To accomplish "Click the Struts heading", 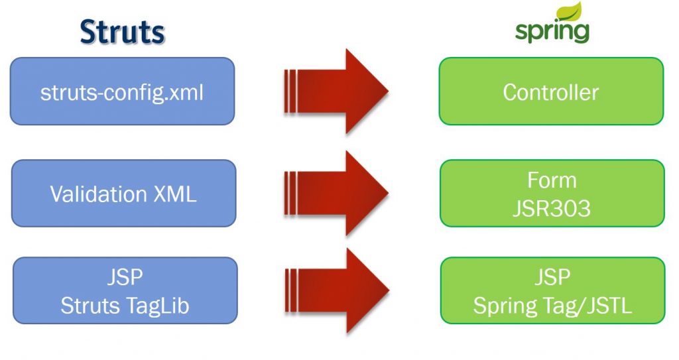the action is [122, 32].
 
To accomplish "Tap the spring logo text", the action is [552, 31].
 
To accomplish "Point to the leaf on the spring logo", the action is [570, 11].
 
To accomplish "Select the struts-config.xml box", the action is [122, 91].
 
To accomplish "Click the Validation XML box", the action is [123, 193].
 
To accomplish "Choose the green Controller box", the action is [551, 91].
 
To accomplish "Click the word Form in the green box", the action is [552, 180].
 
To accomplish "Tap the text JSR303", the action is [552, 208].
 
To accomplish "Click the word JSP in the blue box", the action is [125, 277].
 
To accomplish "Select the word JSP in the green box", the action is [552, 277].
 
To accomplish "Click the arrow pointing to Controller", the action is [336, 91].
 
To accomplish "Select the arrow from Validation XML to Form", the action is [336, 193].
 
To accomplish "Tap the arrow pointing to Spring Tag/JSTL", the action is [337, 290].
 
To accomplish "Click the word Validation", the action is [98, 194].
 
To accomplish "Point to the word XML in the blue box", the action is [175, 194].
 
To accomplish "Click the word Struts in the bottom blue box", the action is [90, 306].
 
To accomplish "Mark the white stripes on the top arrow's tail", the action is [290, 91].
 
